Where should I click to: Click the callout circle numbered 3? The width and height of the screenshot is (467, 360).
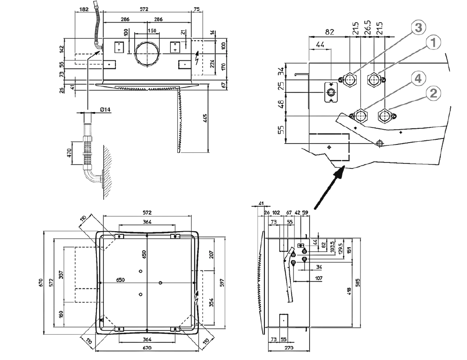[418, 28]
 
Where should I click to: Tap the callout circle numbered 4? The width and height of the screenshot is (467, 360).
[417, 78]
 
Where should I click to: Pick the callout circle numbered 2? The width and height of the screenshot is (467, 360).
[432, 94]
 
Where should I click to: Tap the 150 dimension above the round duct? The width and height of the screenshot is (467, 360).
[152, 30]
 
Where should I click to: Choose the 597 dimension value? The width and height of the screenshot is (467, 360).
[221, 282]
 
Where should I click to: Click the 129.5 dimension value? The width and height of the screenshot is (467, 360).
[341, 248]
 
